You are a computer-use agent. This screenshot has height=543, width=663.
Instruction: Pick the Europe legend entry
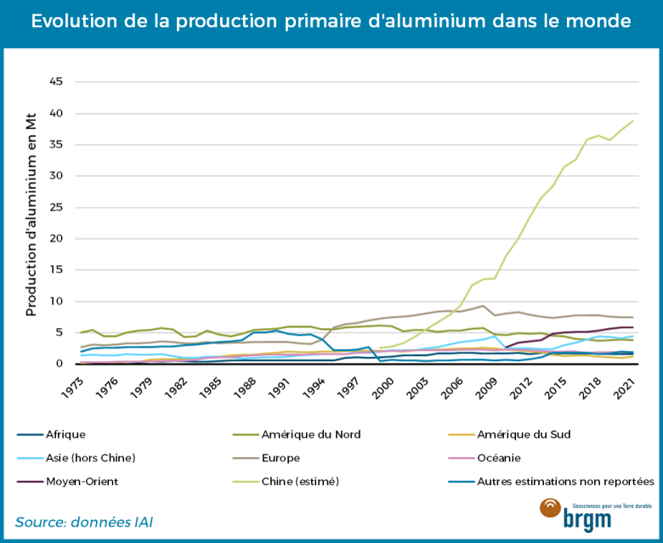[293, 458]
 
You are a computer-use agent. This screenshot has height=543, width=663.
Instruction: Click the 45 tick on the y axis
[56, 82]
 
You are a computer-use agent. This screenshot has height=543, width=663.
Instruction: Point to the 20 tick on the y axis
[56, 239]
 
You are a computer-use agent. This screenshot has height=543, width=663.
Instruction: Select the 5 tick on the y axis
[59, 333]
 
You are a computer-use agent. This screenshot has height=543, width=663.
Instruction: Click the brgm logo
[586, 514]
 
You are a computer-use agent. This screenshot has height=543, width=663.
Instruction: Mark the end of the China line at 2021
[633, 121]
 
